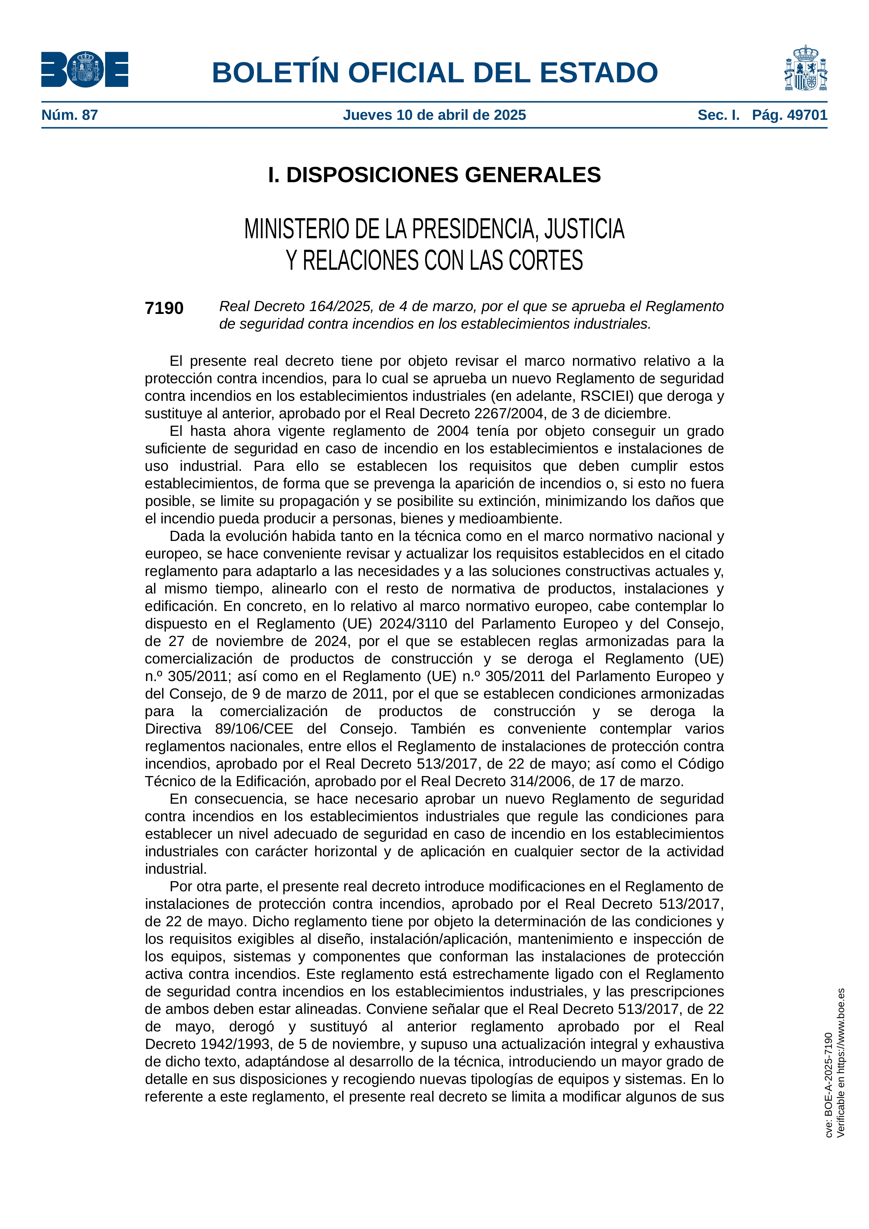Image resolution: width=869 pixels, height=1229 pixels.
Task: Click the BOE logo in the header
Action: pyautogui.click(x=84, y=70)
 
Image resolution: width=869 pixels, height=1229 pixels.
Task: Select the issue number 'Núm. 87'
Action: pyautogui.click(x=70, y=115)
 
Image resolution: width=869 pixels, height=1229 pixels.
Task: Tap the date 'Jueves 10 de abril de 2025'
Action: pyautogui.click(x=434, y=115)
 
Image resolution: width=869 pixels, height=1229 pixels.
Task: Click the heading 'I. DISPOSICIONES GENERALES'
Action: pyautogui.click(x=434, y=175)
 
